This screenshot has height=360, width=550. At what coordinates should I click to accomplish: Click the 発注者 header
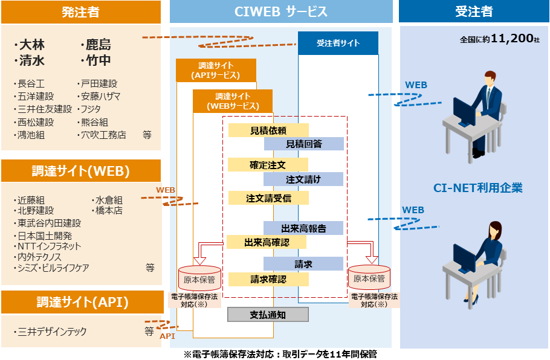(x=80, y=12)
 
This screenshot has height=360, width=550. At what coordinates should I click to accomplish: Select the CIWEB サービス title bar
(x=281, y=12)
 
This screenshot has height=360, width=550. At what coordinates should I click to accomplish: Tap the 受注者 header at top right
(x=474, y=12)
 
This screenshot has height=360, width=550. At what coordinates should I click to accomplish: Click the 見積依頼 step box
(x=268, y=130)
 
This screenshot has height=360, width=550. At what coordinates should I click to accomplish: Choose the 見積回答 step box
(x=303, y=144)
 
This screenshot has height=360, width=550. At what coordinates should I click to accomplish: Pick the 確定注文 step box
(x=268, y=165)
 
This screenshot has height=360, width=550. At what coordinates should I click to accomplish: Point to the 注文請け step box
(x=303, y=179)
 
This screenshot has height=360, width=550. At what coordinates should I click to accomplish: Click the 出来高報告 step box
(x=303, y=228)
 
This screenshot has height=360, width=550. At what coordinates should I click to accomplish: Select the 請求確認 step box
(x=268, y=279)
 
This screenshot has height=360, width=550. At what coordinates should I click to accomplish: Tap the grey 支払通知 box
(x=268, y=315)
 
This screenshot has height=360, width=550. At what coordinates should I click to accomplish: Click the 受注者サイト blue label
(x=338, y=43)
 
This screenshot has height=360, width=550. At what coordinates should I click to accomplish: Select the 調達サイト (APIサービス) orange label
(x=216, y=70)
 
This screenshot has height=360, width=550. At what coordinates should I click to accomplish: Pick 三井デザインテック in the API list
(x=53, y=332)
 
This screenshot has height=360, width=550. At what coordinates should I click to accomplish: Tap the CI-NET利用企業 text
(x=478, y=188)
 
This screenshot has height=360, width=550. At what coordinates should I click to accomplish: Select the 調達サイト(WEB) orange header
(x=80, y=171)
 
